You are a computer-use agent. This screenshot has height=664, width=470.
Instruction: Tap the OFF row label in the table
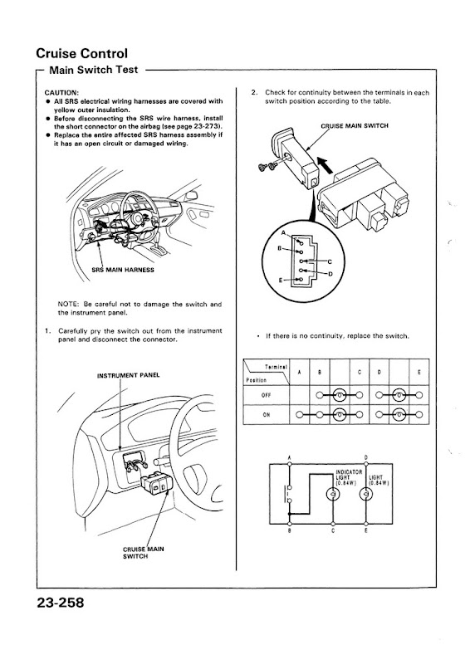click(x=265, y=395)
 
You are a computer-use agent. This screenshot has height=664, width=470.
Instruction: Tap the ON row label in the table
click(x=265, y=415)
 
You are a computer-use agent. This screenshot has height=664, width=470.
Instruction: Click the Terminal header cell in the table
click(x=273, y=366)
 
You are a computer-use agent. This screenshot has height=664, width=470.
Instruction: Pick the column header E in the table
click(x=419, y=373)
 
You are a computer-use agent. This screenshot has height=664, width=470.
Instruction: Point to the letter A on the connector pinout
click(x=283, y=234)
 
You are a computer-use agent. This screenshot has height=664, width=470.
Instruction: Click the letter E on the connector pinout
click(x=283, y=281)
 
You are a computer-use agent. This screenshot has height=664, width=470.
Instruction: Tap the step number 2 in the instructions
click(x=252, y=92)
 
